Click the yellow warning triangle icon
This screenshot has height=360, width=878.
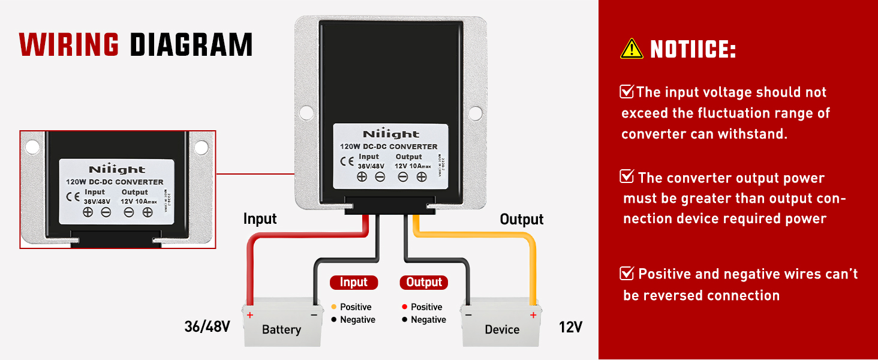coord(632,49)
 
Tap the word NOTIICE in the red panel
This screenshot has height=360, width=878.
coord(693,49)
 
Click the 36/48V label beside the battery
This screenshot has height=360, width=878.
coord(207,327)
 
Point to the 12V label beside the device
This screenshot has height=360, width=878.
coord(570,327)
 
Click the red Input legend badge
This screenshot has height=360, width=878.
coord(353,282)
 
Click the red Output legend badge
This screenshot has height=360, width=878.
coord(424,282)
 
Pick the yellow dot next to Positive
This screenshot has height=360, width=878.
coord(334,307)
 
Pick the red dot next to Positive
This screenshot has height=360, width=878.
coord(405,307)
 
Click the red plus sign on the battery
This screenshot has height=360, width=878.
coord(250,315)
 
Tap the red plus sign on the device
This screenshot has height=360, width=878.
coord(533,315)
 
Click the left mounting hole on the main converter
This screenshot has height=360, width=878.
coord(306,112)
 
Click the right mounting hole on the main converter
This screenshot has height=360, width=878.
coord(475,112)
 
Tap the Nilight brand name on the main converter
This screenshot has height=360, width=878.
coord(390,134)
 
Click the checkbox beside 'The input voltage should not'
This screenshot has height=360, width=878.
coord(627,92)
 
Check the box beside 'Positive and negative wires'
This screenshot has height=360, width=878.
coord(627,274)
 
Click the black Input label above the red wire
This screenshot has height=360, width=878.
coord(260,219)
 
